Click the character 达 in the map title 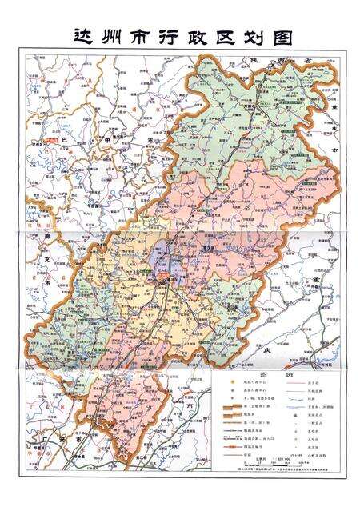tap(82, 37)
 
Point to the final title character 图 tap(279, 37)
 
